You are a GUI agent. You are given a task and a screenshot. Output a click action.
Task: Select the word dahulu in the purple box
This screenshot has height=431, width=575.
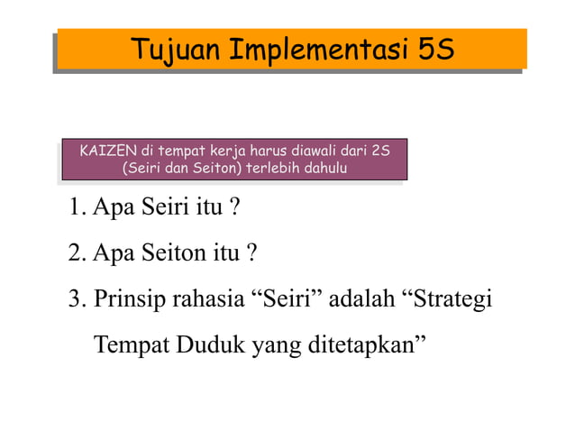[326, 168]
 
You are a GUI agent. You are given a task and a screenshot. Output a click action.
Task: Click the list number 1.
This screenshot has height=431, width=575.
[75, 209]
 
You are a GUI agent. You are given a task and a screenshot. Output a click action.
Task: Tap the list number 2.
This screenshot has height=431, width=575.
[75, 254]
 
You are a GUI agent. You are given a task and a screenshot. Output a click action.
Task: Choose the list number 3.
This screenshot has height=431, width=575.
[75, 299]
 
